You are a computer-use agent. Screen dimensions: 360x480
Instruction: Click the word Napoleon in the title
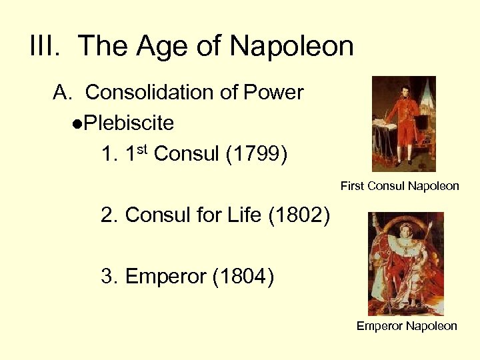(291, 47)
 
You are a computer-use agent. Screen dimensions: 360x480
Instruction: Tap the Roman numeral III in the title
(47, 47)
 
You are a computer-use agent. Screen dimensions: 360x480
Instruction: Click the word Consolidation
(153, 93)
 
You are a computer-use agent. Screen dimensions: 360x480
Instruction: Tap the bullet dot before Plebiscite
(78, 125)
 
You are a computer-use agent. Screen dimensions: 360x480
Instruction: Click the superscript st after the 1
(143, 149)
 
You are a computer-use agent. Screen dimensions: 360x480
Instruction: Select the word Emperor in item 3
(165, 276)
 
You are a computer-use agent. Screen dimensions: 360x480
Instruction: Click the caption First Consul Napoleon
(399, 186)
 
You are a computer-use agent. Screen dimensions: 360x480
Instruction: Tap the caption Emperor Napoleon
(407, 326)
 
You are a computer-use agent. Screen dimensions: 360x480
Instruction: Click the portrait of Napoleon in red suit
(404, 124)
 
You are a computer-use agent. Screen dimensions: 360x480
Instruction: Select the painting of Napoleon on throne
(406, 263)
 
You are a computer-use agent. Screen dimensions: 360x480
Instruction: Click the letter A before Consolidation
(61, 93)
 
